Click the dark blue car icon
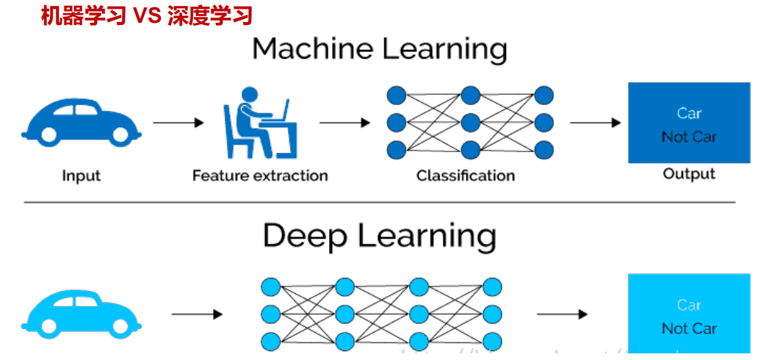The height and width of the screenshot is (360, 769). pyautogui.click(x=81, y=121)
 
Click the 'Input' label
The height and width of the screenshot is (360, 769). pyautogui.click(x=81, y=176)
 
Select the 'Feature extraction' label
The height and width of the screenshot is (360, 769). pyautogui.click(x=260, y=176)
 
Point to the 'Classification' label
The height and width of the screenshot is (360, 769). pyautogui.click(x=466, y=176)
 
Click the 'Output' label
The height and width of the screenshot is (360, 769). pyautogui.click(x=689, y=174)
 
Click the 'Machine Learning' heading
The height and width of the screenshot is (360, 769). pyautogui.click(x=380, y=49)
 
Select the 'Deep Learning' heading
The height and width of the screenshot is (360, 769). pyautogui.click(x=380, y=236)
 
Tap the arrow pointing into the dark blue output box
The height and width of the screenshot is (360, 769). pyautogui.click(x=595, y=123)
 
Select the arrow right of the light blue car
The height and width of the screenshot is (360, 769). pyautogui.click(x=196, y=314)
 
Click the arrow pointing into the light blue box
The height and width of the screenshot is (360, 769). pyautogui.click(x=562, y=314)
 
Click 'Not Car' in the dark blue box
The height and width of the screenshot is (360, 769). pyautogui.click(x=689, y=137)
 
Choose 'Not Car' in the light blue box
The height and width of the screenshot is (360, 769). pyautogui.click(x=689, y=328)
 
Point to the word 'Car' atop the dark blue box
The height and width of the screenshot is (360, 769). pyautogui.click(x=689, y=113)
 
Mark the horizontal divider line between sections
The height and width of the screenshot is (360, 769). pyautogui.click(x=380, y=202)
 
